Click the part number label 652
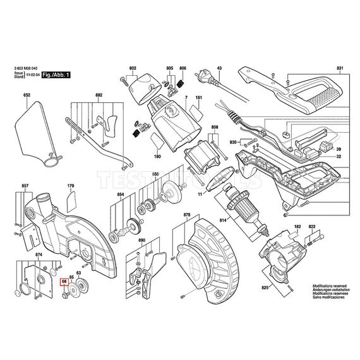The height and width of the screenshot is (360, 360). click(x=27, y=95)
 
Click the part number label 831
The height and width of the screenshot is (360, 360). click(x=340, y=68)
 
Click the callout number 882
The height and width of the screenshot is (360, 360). click(x=98, y=95)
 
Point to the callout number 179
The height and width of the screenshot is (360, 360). click(x=71, y=186)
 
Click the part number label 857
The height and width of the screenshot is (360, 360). click(x=25, y=186)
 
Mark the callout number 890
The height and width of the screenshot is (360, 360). click(x=141, y=241)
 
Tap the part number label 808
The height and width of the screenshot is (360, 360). click(x=215, y=128)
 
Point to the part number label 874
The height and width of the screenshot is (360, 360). click(x=39, y=255)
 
